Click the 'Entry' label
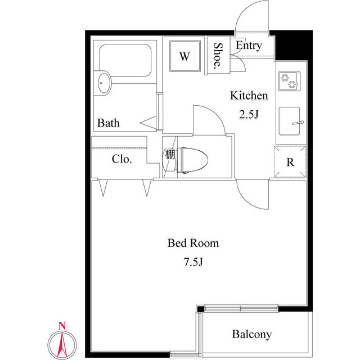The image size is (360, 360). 249,46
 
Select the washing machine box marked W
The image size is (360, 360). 184,56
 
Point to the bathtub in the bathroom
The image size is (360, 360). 126,62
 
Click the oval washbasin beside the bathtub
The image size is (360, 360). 104,83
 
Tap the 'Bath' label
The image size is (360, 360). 108,123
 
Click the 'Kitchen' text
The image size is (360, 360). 249,96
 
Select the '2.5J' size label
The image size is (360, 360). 249,115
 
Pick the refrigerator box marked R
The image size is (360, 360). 290,162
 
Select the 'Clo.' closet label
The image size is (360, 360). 121,159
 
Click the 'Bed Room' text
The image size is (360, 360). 193,244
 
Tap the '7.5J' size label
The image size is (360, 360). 193,262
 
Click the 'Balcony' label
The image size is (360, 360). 251,335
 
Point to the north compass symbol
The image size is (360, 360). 63,343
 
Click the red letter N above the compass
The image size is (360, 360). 63,325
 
